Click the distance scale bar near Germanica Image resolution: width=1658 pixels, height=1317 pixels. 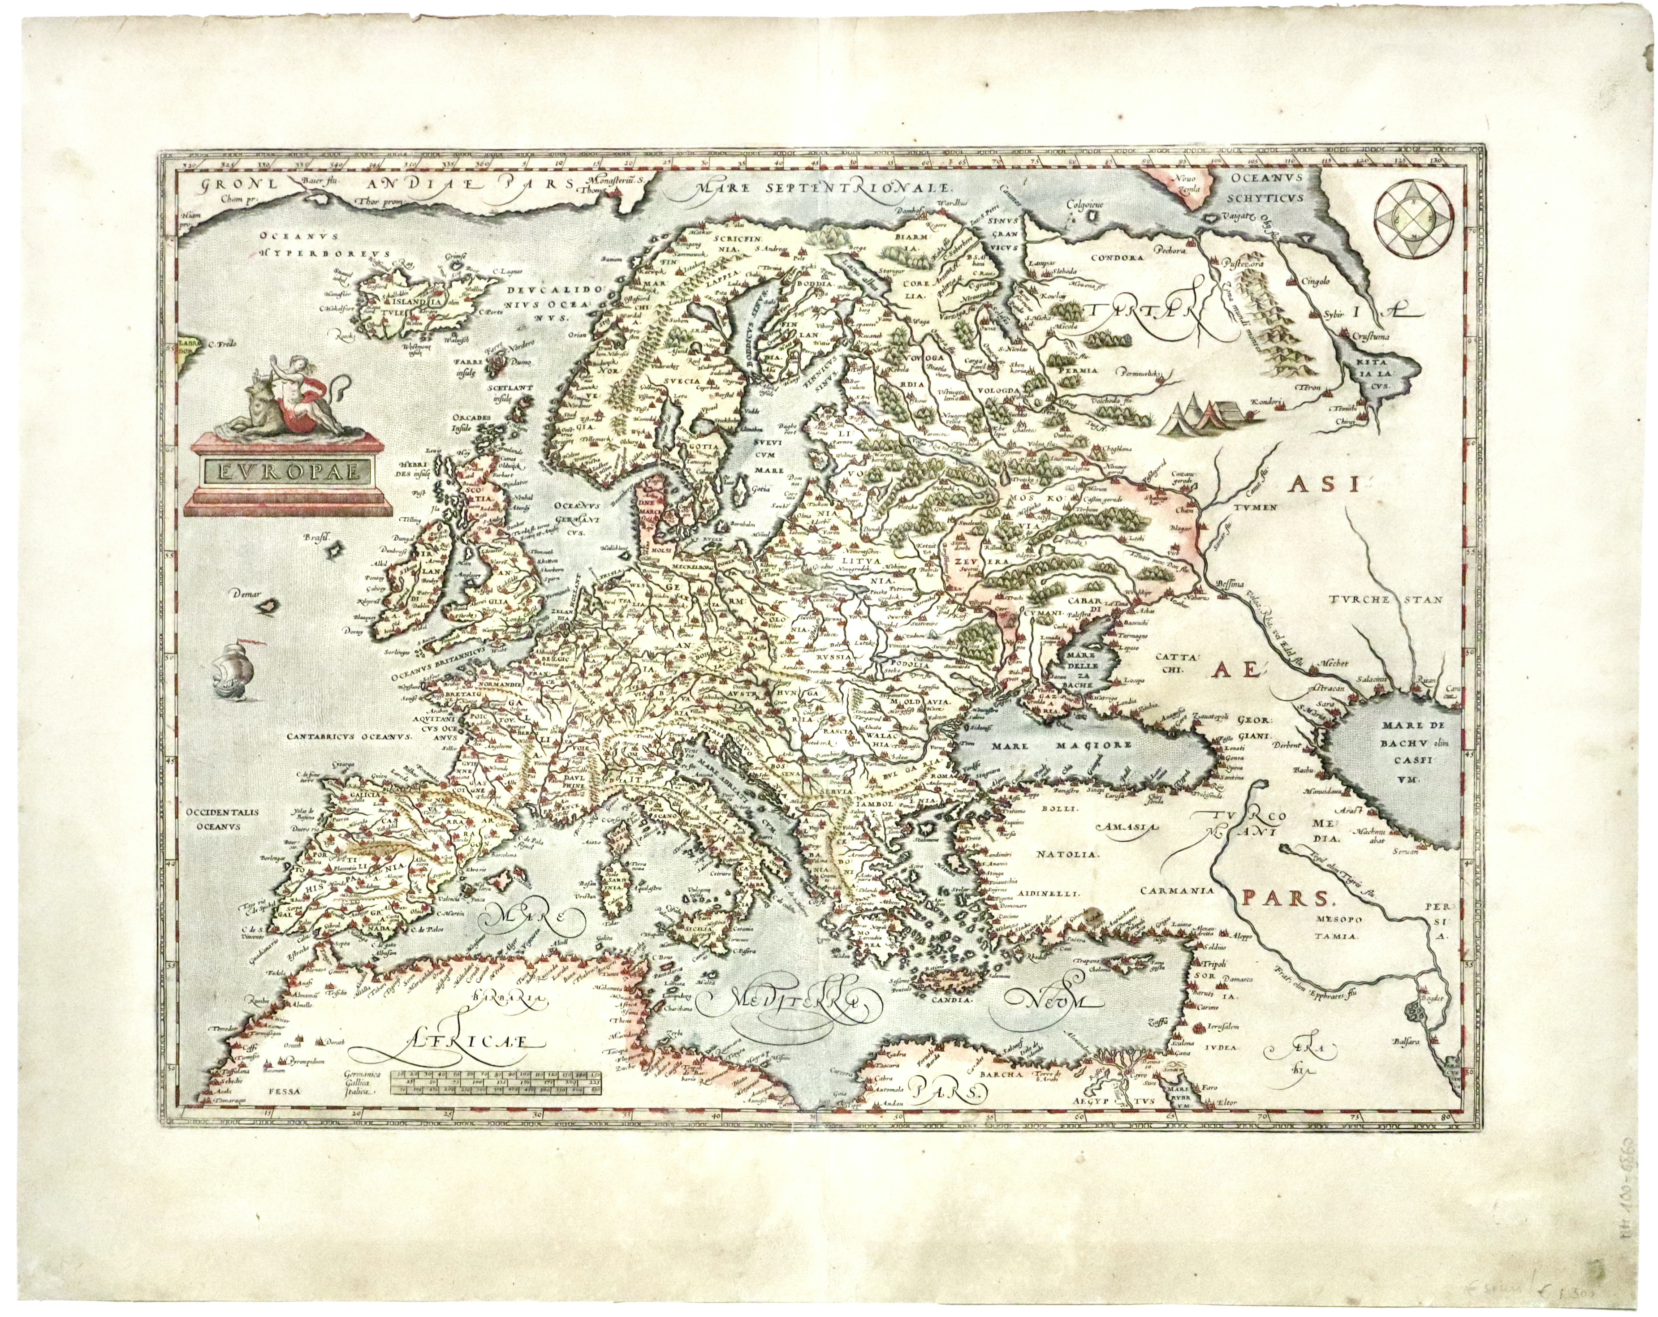(496, 1083)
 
